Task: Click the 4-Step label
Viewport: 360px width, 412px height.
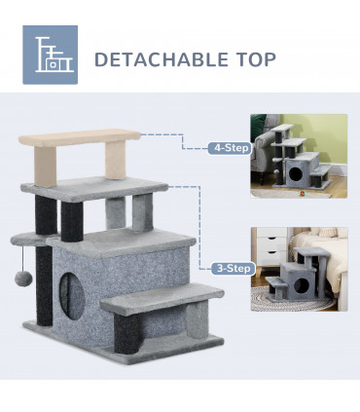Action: (230, 149)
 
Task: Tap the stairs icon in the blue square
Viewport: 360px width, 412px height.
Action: (50, 55)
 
